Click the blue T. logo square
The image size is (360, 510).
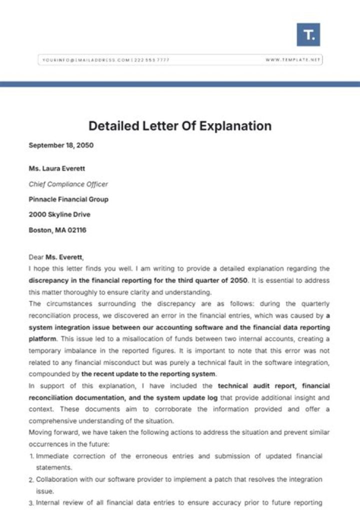(308, 35)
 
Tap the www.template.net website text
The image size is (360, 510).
(292, 60)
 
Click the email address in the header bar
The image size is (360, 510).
(85, 60)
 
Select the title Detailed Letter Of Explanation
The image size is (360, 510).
(180, 126)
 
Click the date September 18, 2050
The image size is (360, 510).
(61, 146)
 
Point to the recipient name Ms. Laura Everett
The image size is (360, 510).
(57, 169)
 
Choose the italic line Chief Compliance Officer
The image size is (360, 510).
(68, 184)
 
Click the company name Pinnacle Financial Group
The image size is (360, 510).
(68, 199)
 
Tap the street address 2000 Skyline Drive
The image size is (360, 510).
(59, 215)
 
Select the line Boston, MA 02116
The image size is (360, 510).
(57, 230)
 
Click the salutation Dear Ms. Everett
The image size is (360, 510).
(56, 257)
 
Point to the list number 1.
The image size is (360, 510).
(31, 456)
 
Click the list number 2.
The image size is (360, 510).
(31, 479)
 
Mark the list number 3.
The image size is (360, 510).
(31, 502)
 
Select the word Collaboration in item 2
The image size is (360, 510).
(56, 479)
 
